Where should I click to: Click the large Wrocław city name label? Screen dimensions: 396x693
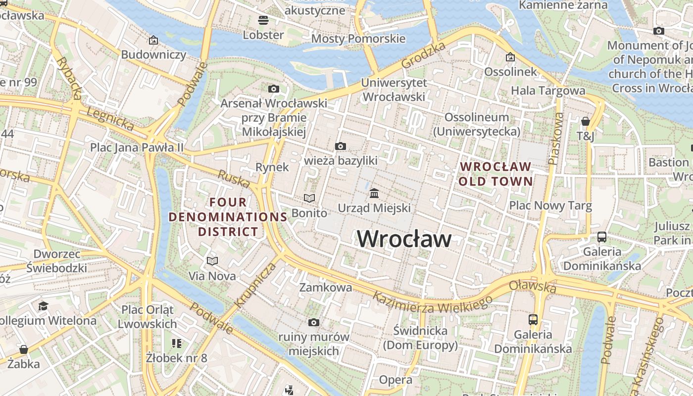[404, 239]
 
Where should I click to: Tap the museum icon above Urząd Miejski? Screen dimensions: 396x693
[374, 193]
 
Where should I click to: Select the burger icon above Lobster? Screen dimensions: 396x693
[263, 20]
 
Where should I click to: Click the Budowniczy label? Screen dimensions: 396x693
[153, 54]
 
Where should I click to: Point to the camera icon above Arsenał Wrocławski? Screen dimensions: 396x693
[273, 89]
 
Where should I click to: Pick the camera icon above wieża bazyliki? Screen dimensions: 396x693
[340, 146]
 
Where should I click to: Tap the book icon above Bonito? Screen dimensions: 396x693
[309, 198]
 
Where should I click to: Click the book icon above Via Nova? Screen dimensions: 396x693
[212, 261]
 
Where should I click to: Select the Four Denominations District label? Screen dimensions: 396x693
[228, 217]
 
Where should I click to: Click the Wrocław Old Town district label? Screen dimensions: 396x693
[495, 174]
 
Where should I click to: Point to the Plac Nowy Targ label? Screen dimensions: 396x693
[550, 205]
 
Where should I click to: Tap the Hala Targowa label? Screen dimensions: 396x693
[548, 91]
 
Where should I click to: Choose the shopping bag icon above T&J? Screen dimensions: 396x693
[585, 121]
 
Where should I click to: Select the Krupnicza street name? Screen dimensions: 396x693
[255, 286]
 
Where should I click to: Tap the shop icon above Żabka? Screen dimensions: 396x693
[23, 349]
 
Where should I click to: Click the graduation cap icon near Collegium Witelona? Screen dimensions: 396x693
[43, 306]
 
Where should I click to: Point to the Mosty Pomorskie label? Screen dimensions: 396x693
[358, 39]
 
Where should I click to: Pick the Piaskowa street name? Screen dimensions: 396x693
[556, 139]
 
